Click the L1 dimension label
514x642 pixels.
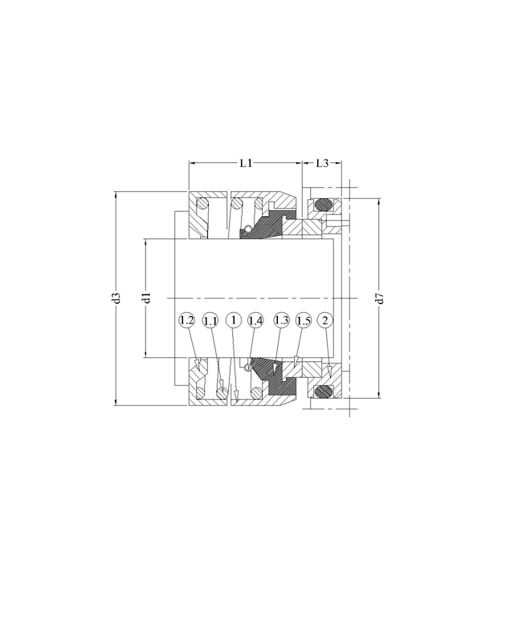coord(246,164)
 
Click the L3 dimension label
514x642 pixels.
coord(322,164)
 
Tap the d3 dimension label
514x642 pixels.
coord(116,298)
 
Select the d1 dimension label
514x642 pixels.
coord(148,298)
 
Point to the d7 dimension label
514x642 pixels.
coord(380,299)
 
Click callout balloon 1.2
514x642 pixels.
coord(186,320)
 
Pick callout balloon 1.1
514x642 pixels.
coord(210,321)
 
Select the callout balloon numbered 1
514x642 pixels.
coord(234,320)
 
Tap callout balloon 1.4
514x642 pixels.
coord(255,320)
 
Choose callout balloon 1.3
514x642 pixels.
coord(282,320)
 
